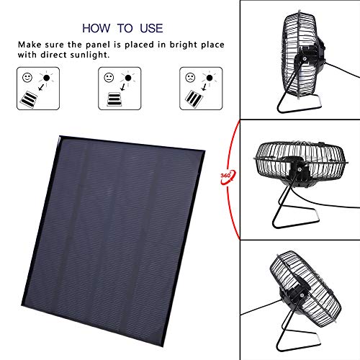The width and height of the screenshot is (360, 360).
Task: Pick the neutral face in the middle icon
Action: click(x=108, y=77)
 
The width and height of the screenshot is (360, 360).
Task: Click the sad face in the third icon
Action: click(x=189, y=77)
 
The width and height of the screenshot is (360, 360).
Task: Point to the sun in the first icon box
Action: click(x=45, y=76)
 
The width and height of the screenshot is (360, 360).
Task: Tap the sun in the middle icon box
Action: click(x=127, y=76)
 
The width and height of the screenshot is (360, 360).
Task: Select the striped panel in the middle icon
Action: click(x=113, y=98)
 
